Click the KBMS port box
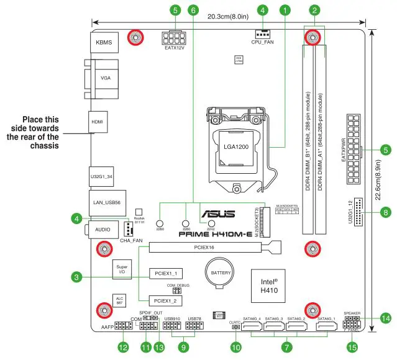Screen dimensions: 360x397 pos(103,43)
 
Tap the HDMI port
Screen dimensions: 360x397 pos(98,122)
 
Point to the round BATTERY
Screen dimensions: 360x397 pos(218,272)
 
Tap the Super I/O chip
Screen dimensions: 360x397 pos(121,270)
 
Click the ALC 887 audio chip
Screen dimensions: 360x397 pos(120,301)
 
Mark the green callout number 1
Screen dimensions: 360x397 pos(285,10)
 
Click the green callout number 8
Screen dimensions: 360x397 pos(386,212)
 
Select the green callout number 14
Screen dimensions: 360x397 pos(386,318)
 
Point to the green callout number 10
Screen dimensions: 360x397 pos(235,348)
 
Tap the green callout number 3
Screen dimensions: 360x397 pos(75,276)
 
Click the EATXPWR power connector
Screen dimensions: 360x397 pos(354,150)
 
